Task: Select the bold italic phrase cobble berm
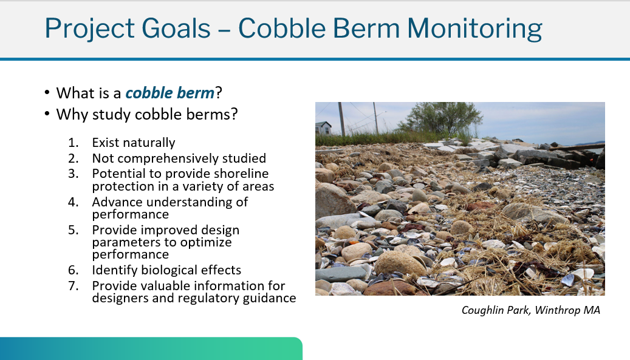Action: [169, 93]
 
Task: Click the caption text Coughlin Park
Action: [495, 311]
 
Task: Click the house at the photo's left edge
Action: [324, 127]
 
